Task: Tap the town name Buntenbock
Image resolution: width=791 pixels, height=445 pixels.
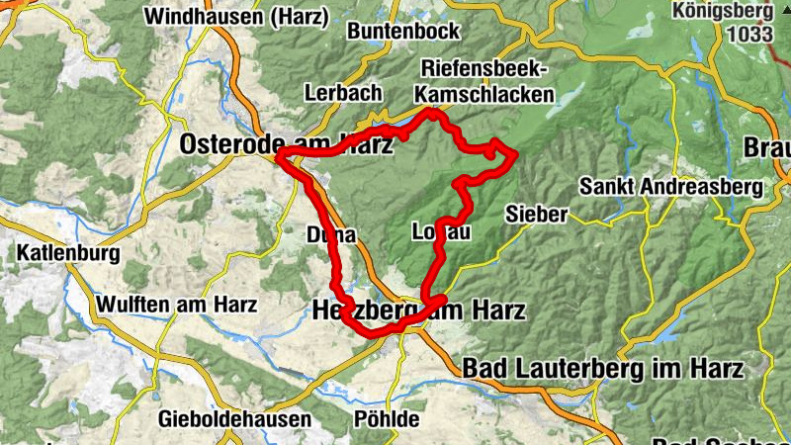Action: pyautogui.click(x=402, y=32)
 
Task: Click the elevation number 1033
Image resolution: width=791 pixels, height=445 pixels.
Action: pyautogui.click(x=748, y=33)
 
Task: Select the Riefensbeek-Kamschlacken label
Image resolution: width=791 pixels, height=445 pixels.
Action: pyautogui.click(x=485, y=81)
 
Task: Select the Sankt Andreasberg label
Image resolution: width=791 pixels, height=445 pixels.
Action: pyautogui.click(x=671, y=186)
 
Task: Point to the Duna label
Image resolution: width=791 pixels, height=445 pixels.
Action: pyautogui.click(x=330, y=234)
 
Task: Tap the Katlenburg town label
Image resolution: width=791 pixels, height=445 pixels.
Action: pyautogui.click(x=67, y=253)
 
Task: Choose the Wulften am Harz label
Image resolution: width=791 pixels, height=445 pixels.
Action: pyautogui.click(x=176, y=304)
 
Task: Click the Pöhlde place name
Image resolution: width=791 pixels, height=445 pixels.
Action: pyautogui.click(x=387, y=418)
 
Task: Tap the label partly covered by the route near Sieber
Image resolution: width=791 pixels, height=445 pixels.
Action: pyautogui.click(x=440, y=232)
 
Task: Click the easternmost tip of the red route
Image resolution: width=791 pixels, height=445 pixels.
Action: pyautogui.click(x=516, y=153)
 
